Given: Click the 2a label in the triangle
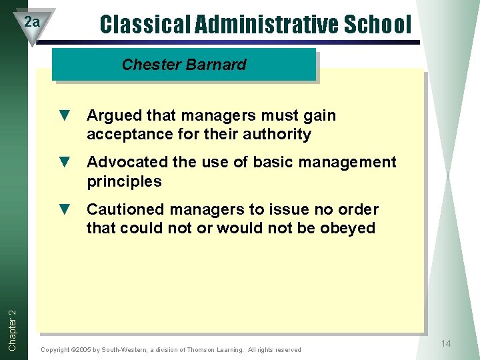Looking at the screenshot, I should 31,22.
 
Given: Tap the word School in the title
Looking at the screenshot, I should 378,25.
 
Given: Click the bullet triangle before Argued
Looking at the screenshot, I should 65,115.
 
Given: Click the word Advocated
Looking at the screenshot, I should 126,163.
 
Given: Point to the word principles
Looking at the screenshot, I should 124,182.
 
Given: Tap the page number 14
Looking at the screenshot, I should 446,343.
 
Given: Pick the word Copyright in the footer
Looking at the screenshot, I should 55,350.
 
